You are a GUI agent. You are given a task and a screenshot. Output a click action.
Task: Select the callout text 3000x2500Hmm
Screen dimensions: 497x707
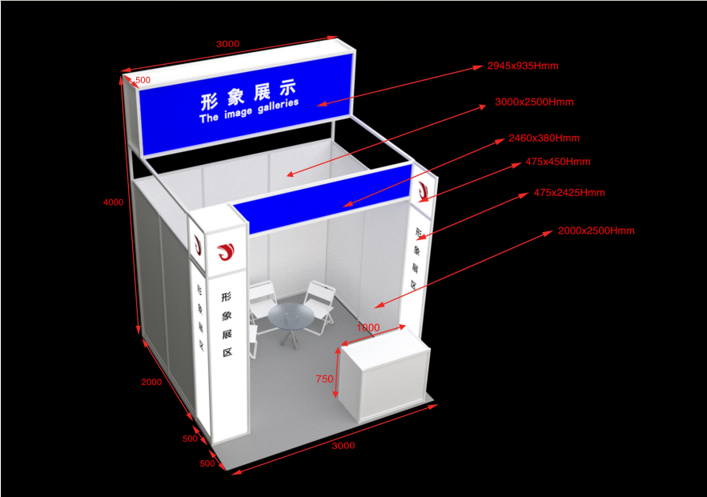tap(534, 102)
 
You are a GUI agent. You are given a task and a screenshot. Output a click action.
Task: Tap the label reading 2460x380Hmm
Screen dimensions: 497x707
tap(544, 138)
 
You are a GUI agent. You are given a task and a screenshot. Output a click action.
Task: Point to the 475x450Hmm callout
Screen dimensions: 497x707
tap(557, 162)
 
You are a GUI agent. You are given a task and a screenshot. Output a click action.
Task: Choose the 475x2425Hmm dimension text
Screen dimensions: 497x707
tap(569, 193)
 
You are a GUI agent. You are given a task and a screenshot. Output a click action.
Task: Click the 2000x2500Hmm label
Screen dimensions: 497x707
tap(596, 230)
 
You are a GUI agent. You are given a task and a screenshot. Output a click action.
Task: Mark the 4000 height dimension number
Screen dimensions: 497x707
tap(114, 202)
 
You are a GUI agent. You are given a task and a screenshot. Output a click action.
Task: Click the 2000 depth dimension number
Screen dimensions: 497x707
tap(151, 382)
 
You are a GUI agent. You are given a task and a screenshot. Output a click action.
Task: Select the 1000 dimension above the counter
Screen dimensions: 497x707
tap(368, 327)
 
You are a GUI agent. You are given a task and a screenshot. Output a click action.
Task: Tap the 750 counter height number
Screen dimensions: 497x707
tap(324, 379)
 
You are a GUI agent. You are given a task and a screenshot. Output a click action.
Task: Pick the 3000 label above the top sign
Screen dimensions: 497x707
tap(227, 44)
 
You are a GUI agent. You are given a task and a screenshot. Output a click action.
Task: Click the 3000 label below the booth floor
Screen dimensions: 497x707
tap(343, 445)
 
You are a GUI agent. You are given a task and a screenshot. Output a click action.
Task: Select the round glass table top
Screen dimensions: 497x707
tap(290, 316)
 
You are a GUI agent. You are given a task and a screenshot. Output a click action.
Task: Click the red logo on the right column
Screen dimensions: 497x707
tap(422, 190)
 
